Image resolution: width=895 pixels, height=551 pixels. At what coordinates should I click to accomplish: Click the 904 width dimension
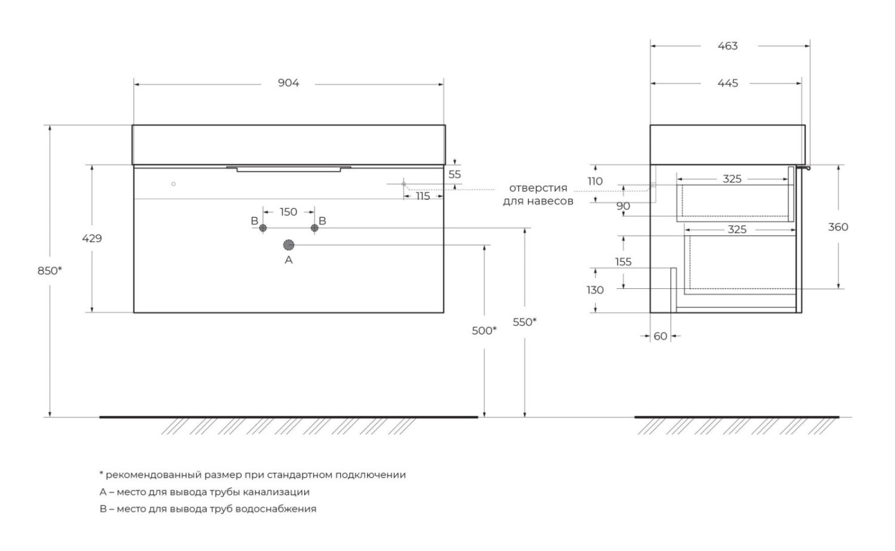[x=288, y=83]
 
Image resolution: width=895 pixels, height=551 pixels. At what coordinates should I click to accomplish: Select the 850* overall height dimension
[x=50, y=271]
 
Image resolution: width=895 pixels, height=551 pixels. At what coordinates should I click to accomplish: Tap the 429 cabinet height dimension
[x=92, y=239]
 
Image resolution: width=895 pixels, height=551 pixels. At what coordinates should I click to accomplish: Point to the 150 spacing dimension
[x=288, y=212]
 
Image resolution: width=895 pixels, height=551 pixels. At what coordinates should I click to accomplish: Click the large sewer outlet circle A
[x=288, y=245]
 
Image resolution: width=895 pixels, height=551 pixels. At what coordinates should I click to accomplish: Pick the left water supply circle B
[x=263, y=228]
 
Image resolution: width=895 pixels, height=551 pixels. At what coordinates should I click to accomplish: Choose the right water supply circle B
[x=314, y=228]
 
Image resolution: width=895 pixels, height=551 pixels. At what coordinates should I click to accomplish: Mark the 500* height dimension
[x=484, y=331]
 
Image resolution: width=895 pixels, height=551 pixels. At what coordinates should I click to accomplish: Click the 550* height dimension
[x=524, y=322]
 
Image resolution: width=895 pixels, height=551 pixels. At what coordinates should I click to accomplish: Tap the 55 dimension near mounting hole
[x=455, y=174]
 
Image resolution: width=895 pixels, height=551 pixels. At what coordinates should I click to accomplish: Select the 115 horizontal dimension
[x=422, y=196]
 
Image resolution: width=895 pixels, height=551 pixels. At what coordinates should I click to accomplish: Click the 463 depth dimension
[x=727, y=46]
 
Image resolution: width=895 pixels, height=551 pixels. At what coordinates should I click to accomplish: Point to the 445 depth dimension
[x=727, y=83]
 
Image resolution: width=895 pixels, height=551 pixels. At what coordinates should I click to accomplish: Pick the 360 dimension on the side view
[x=838, y=227]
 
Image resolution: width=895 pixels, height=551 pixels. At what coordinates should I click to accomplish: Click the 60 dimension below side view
[x=660, y=336]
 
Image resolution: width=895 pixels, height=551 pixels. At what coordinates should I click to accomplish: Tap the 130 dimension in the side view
[x=595, y=290]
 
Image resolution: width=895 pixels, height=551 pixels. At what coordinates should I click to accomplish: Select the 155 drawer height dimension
[x=624, y=262]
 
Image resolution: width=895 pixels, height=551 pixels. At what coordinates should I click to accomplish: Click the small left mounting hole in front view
[x=173, y=184]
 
